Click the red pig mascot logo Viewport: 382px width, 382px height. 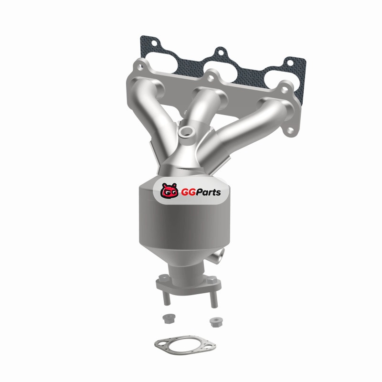point(169,191)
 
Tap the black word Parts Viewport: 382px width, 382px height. point(209,192)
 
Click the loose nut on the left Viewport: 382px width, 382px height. point(167,318)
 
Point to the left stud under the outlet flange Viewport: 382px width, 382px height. point(166,298)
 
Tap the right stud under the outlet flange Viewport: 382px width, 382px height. point(213,300)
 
